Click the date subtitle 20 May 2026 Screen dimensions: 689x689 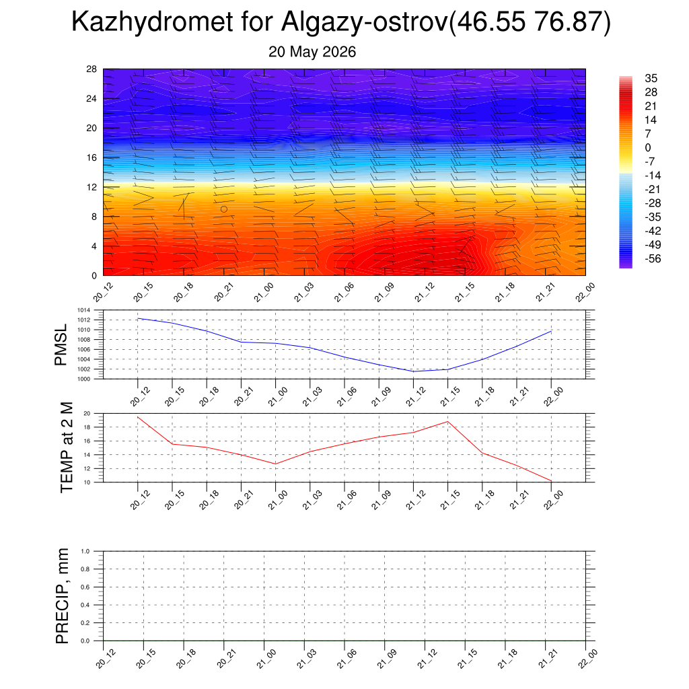click(312, 52)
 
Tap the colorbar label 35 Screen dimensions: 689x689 click(651, 78)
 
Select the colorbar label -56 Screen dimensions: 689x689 click(653, 258)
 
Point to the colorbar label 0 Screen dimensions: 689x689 click(648, 147)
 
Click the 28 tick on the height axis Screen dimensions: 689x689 click(92, 69)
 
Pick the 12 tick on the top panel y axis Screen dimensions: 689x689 click(92, 187)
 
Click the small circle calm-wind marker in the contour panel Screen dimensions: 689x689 click(224, 209)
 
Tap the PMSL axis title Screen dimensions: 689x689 click(61, 345)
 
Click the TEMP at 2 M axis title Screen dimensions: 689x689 click(67, 447)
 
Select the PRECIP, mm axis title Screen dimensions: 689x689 click(63, 596)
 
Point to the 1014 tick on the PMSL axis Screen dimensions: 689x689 click(84, 310)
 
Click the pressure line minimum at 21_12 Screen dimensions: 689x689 click(414, 371)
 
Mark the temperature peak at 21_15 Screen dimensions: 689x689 click(447, 421)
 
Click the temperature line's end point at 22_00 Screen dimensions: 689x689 click(552, 481)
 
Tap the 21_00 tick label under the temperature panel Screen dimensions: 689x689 click(278, 500)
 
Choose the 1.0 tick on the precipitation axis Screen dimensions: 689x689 click(85, 552)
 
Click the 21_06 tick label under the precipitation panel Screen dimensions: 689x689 click(347, 659)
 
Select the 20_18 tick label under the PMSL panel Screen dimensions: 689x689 click(209, 396)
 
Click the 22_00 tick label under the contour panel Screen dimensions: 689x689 click(585, 292)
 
